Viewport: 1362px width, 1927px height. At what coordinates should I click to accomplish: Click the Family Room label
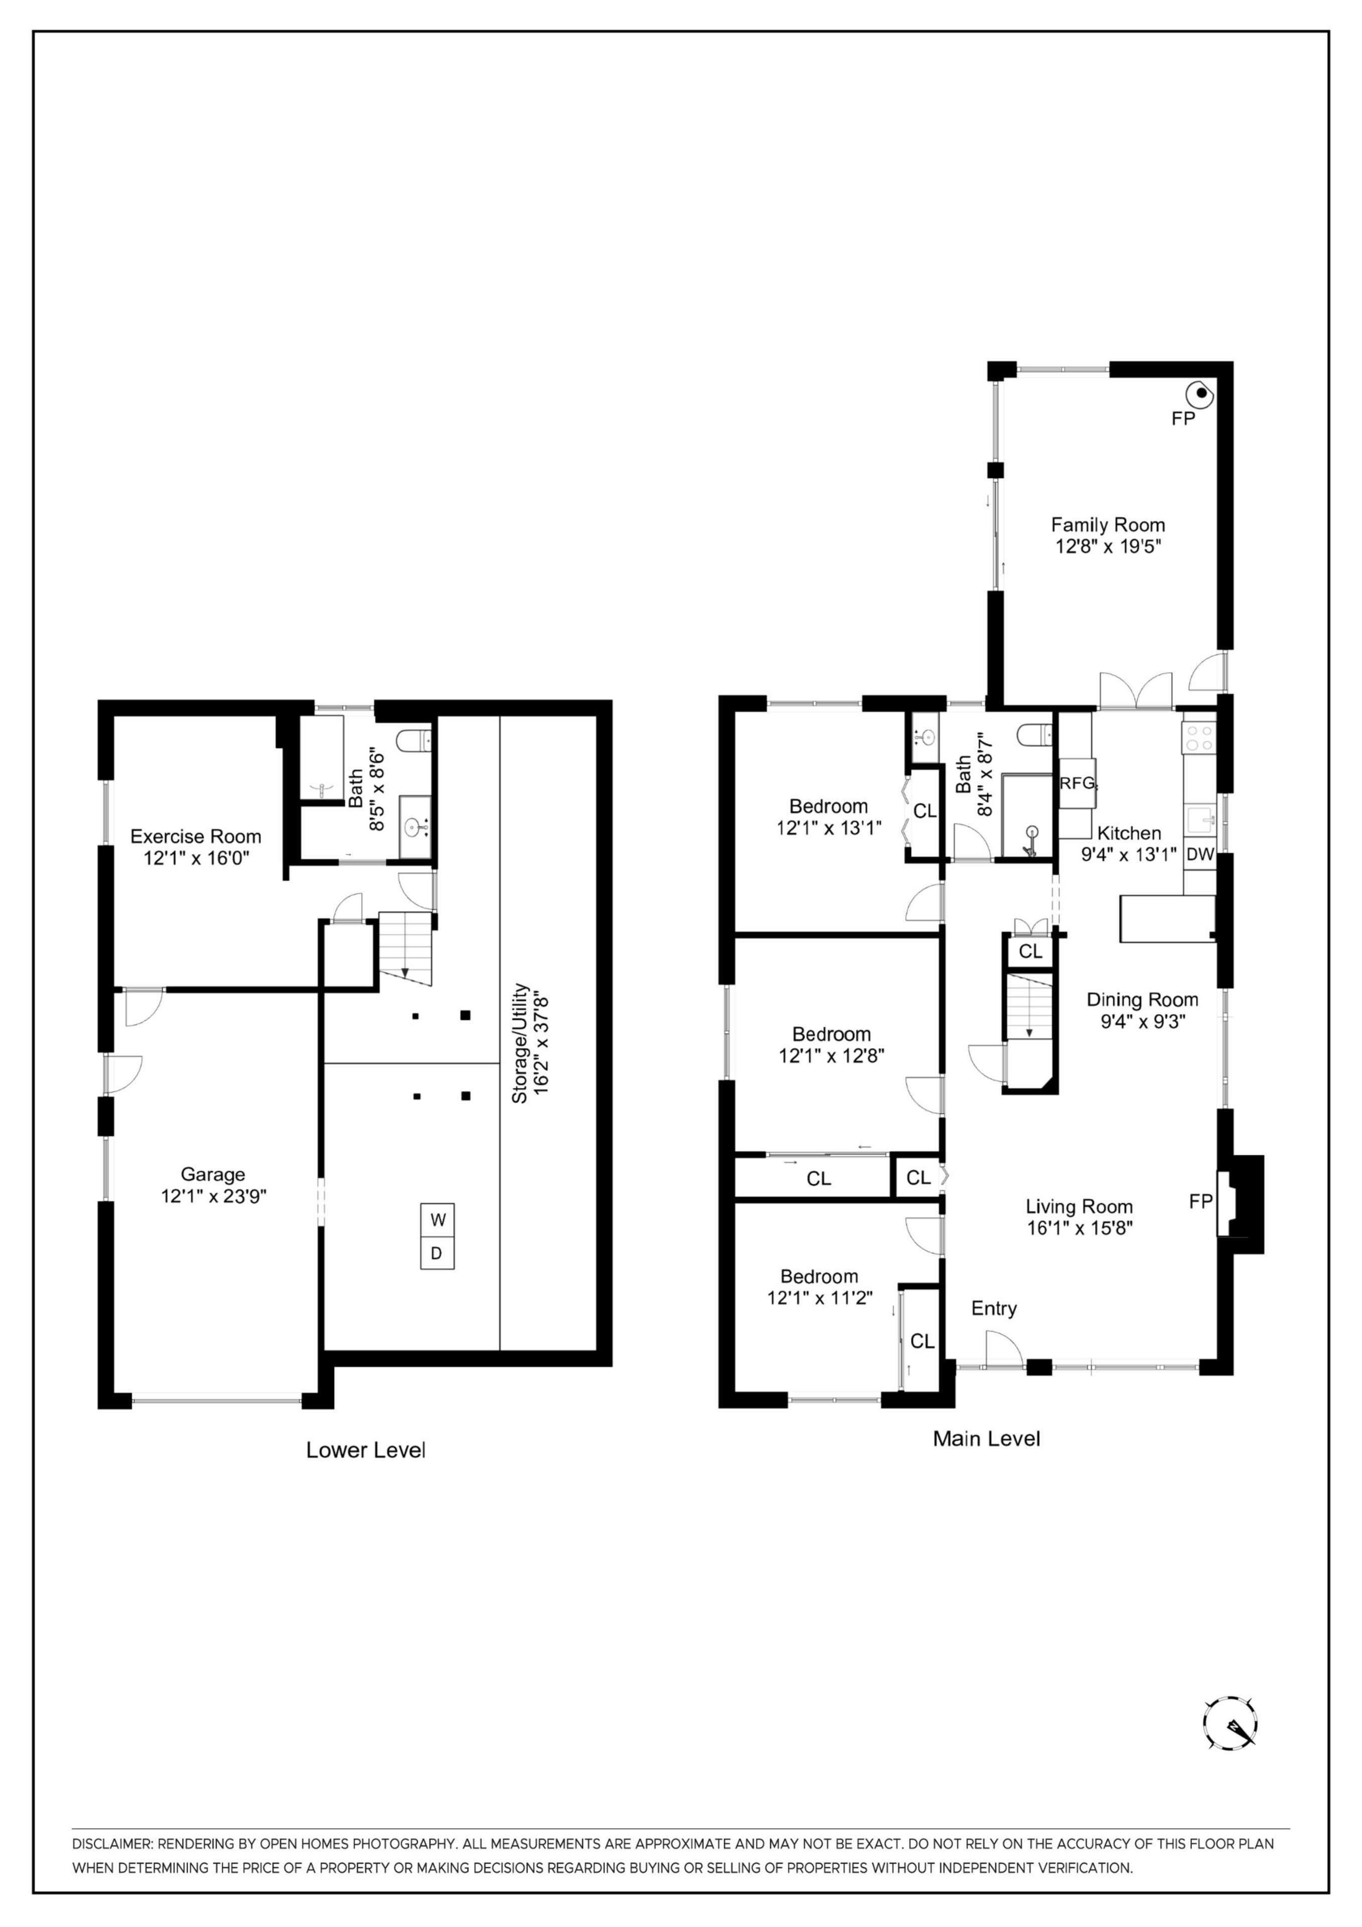tap(1108, 524)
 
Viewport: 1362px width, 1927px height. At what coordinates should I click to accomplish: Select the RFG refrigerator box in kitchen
tap(1077, 783)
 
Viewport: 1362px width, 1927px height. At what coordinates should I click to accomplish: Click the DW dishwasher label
tap(1200, 855)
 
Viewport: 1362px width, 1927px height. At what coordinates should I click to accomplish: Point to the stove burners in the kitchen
tap(1197, 737)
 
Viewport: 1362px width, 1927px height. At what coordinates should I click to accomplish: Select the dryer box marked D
tap(437, 1254)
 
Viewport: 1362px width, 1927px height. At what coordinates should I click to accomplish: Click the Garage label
tap(213, 1174)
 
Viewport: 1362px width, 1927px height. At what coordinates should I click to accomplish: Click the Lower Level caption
tap(365, 1449)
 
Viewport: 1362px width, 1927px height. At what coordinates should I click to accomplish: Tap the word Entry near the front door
tap(994, 1308)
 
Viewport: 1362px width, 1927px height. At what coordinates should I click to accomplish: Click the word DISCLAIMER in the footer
tap(111, 1844)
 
